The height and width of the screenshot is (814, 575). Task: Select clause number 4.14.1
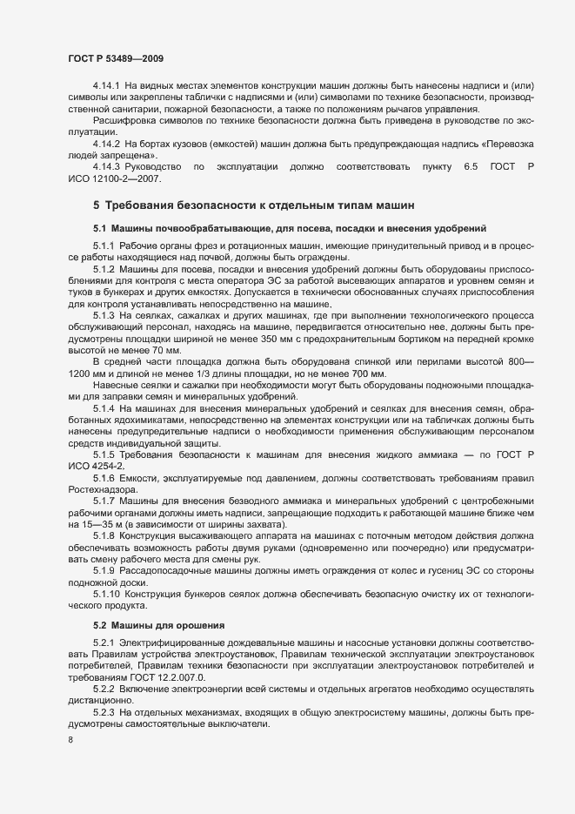coord(106,86)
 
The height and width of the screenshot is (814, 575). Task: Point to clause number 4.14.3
coord(106,165)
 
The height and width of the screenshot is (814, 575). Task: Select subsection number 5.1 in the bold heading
coord(99,227)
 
